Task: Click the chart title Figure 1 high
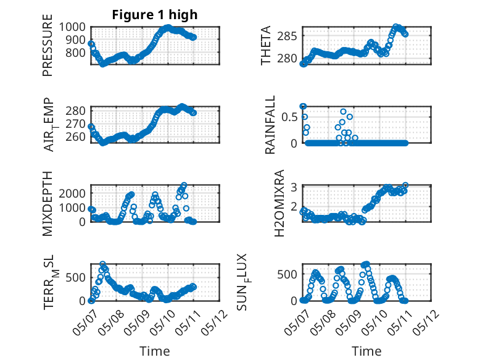pos(155,15)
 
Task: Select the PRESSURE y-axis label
pos(48,45)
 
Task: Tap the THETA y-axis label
pos(266,45)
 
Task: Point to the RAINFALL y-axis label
pos(270,125)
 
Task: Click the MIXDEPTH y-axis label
pos(48,204)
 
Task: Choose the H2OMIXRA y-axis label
pos(279,203)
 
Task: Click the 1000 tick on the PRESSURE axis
pos(72,27)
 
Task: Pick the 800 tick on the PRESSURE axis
pos(76,52)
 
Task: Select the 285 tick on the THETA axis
pos(287,36)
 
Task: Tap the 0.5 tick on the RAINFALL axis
pos(289,117)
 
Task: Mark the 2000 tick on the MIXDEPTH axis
pos(72,193)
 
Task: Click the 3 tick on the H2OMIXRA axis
pos(294,187)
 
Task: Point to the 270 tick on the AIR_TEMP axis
pos(76,123)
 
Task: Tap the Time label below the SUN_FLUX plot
pos(366,351)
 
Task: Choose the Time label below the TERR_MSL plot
pos(155,351)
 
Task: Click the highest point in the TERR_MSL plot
pos(103,264)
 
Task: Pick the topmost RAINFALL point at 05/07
pos(303,106)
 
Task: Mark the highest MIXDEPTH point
pos(184,185)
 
